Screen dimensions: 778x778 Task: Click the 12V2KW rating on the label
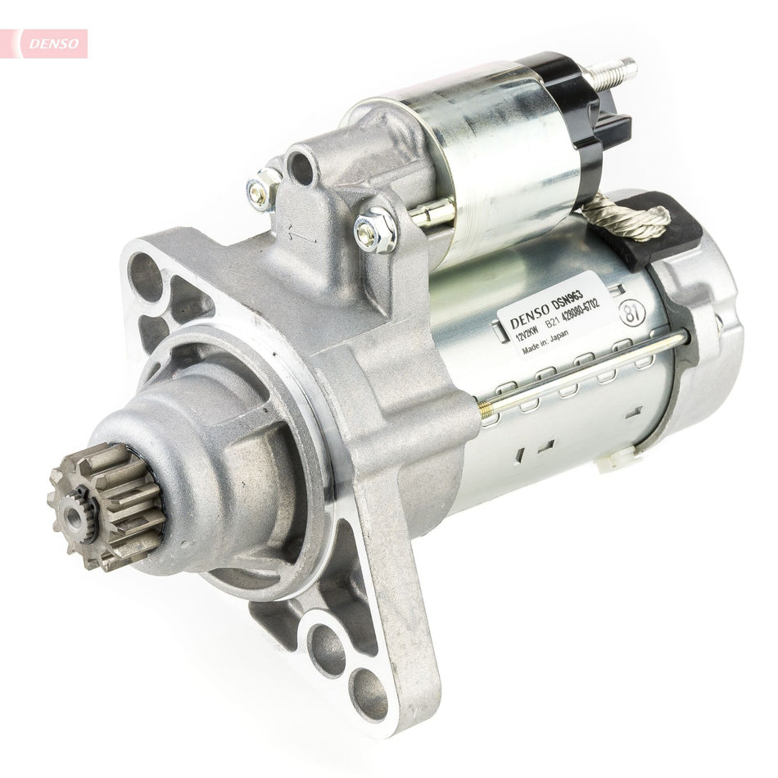pos(518,335)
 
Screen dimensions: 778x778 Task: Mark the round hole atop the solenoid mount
pos(301,167)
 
